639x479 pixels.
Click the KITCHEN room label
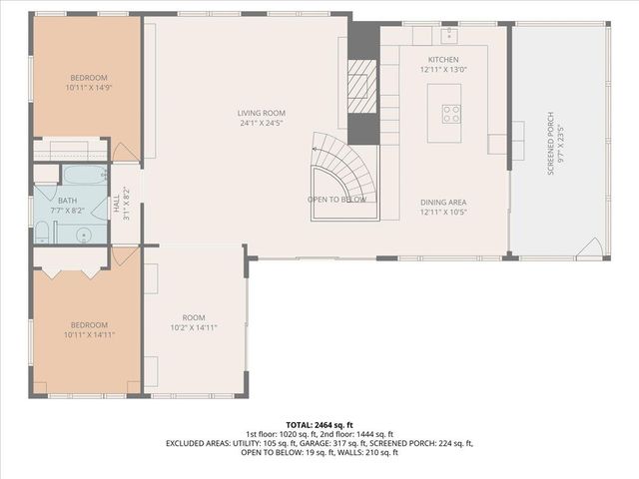(x=443, y=60)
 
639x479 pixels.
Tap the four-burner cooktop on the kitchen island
(x=451, y=113)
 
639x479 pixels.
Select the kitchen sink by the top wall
(x=449, y=34)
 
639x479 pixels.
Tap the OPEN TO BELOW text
(x=336, y=200)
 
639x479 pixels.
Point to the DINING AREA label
(x=443, y=203)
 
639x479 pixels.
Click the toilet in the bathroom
(x=43, y=233)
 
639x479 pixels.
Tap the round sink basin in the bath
(x=85, y=236)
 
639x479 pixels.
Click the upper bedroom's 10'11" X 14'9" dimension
(x=88, y=88)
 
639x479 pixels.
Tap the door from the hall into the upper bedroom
(x=125, y=153)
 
